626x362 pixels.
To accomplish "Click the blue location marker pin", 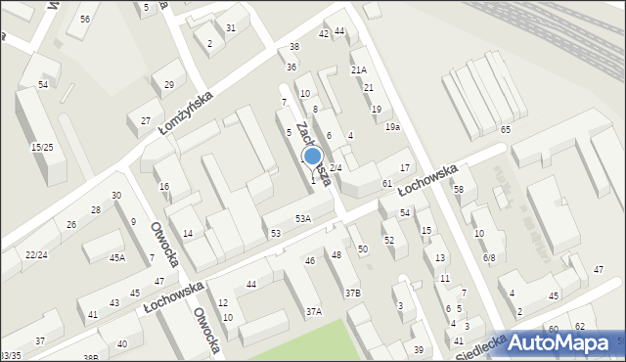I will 313,158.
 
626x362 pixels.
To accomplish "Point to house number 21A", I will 359,69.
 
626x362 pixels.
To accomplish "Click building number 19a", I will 392,127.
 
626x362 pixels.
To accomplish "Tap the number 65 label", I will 506,130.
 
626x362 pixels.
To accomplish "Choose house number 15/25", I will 41,147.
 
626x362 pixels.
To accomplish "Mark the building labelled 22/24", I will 35,254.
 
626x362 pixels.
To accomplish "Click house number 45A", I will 116,258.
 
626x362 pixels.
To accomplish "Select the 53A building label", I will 303,218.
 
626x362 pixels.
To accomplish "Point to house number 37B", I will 352,293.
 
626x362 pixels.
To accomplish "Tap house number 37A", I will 313,311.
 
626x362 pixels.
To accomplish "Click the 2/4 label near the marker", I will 335,167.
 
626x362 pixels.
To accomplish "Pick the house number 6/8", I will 488,258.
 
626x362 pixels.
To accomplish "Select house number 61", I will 387,184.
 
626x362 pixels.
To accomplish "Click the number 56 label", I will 86,20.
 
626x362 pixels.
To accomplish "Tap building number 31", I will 231,27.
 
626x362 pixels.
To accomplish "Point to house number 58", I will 458,189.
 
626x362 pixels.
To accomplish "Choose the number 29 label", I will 169,85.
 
